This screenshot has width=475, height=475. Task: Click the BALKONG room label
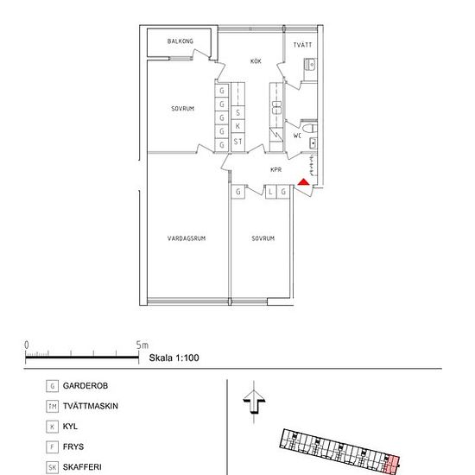point(180,41)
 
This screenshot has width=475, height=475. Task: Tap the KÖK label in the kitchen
point(256,61)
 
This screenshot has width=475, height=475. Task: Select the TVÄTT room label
point(302,45)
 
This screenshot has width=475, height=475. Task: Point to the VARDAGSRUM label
point(187,238)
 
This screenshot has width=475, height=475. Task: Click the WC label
point(297,136)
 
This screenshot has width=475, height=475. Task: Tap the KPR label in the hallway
point(275,169)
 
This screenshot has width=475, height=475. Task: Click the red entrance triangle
point(303,182)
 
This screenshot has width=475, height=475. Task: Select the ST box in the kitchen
point(237,142)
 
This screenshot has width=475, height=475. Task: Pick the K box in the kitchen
point(237,126)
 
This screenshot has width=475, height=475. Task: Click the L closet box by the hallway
point(270,192)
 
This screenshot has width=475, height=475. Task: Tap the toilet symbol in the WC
point(310,128)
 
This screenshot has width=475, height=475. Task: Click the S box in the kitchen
point(237,112)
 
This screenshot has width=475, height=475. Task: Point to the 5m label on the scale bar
point(142,345)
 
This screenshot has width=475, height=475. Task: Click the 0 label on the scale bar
point(27,345)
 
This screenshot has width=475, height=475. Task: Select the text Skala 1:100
point(174,358)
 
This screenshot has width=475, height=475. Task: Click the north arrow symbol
point(254,402)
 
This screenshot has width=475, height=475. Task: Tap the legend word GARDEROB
point(85,386)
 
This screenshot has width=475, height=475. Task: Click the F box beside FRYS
point(52,446)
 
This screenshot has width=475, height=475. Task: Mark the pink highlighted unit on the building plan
point(393,463)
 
